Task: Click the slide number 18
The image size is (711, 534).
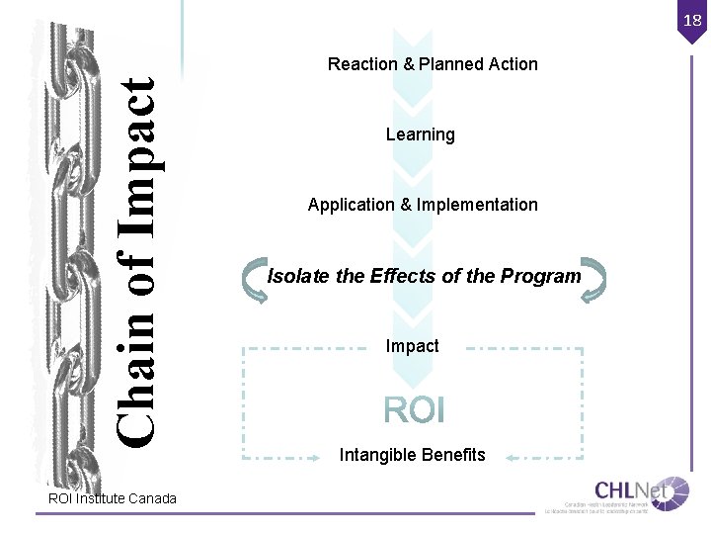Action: coord(692,20)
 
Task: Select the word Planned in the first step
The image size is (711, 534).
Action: coord(450,64)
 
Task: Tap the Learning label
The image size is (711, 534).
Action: coord(420,134)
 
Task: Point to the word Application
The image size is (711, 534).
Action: coord(351,205)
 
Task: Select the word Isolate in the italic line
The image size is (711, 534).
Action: coord(299,276)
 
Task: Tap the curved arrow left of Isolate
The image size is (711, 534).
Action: coord(254,278)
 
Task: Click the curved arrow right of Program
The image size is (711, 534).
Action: coord(592,278)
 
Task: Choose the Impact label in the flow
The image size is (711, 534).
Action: coord(412,346)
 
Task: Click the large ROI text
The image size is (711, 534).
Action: coord(414,409)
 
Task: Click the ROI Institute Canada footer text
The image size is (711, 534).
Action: coord(113,498)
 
